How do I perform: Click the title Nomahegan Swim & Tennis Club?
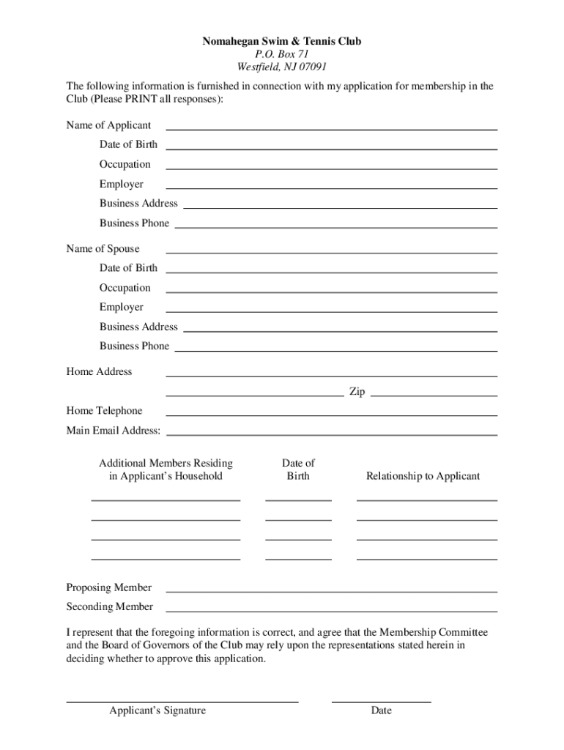click(x=281, y=42)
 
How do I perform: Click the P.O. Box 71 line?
click(x=281, y=54)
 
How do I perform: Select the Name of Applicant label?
click(x=108, y=125)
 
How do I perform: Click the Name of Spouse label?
click(x=103, y=249)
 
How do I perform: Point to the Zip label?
click(x=357, y=392)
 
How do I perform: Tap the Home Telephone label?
click(x=104, y=411)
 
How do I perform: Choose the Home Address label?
click(x=99, y=372)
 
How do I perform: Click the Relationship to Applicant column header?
click(x=423, y=476)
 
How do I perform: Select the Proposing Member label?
click(x=108, y=587)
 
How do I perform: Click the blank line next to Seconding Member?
click(x=332, y=610)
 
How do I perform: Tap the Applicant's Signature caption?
click(x=157, y=710)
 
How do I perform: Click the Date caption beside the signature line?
click(x=381, y=710)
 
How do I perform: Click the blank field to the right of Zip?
click(x=434, y=395)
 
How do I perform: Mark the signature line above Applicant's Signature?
click(x=182, y=701)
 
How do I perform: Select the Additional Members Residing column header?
click(x=166, y=463)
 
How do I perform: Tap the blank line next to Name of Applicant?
click(x=332, y=129)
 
